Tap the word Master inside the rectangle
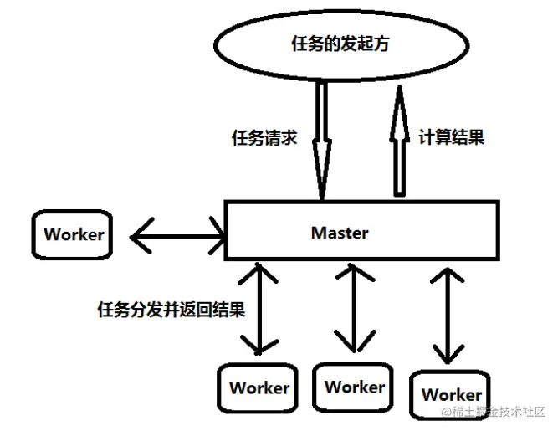(340, 232)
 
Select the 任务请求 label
(264, 138)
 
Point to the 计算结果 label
(451, 137)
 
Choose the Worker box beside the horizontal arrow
(74, 234)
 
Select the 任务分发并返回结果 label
(171, 310)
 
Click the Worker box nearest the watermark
(451, 393)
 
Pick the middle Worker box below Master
(355, 387)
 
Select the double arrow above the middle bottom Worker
(355, 308)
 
